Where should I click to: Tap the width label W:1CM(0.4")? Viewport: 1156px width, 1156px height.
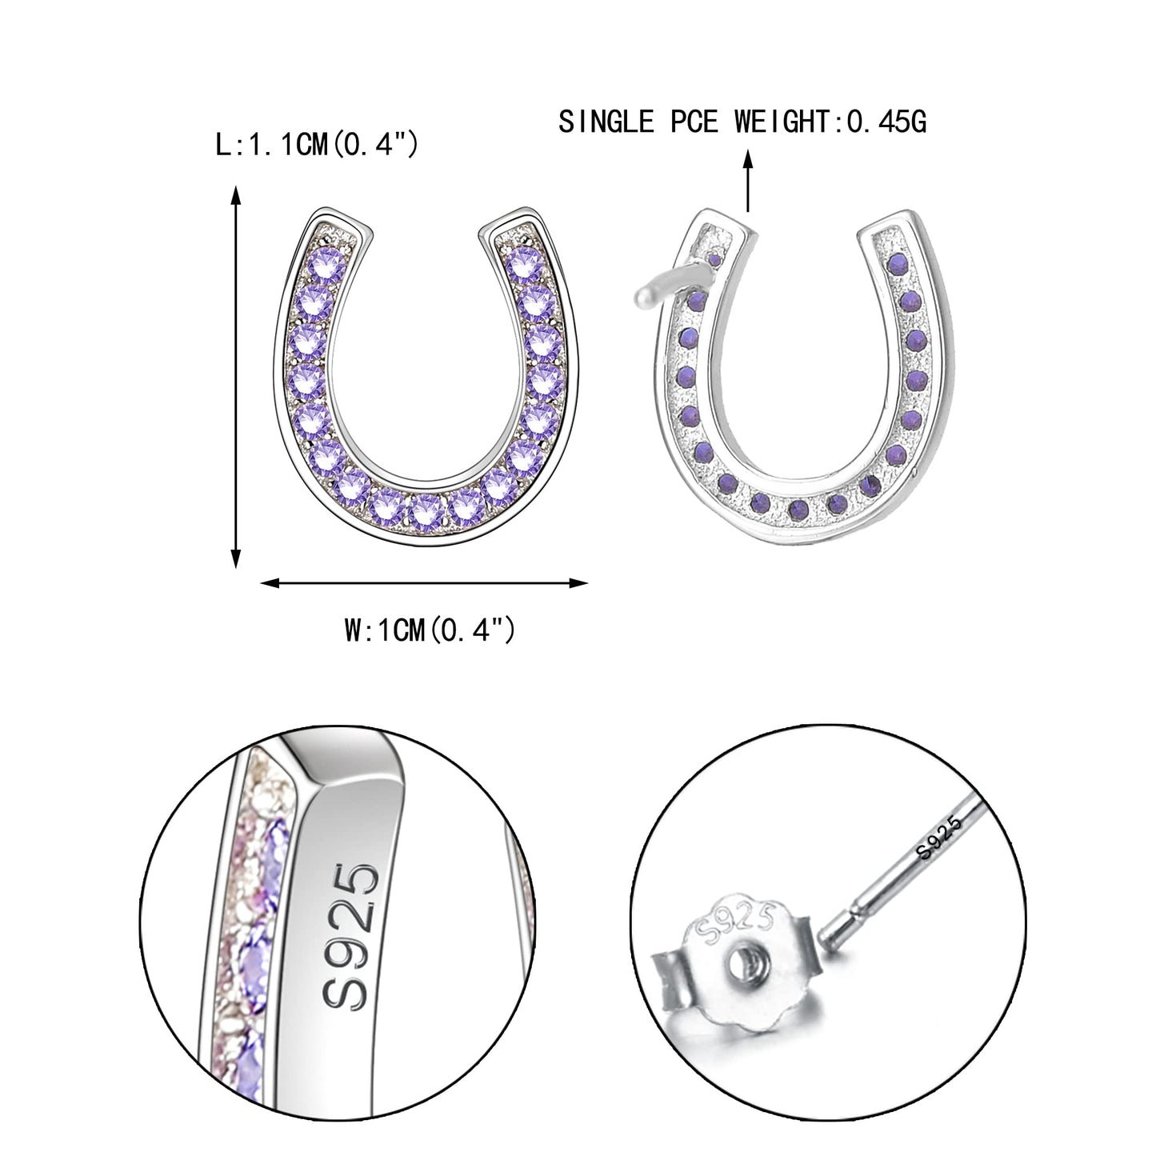[429, 630]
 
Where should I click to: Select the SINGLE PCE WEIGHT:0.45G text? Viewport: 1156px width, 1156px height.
[742, 122]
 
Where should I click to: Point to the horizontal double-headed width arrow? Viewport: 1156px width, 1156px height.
[425, 583]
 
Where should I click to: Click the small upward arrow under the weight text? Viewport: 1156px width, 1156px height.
[748, 180]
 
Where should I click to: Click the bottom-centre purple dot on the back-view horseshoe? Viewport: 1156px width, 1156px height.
[796, 508]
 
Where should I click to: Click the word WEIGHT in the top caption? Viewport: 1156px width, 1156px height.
[779, 122]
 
